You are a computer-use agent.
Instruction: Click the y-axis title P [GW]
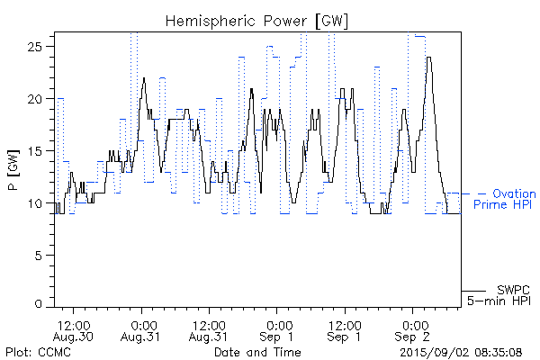(x=13, y=171)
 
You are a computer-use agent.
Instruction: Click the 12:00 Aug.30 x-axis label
(x=74, y=329)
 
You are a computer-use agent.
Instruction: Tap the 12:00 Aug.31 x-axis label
(x=210, y=329)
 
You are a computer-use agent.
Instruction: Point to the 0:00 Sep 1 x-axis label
(x=278, y=329)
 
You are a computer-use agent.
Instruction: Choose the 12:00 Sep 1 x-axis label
(x=346, y=329)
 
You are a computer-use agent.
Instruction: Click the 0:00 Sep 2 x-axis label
(x=414, y=329)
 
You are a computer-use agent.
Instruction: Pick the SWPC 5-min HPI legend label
(x=504, y=295)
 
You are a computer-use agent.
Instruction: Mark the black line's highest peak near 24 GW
(x=429, y=58)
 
